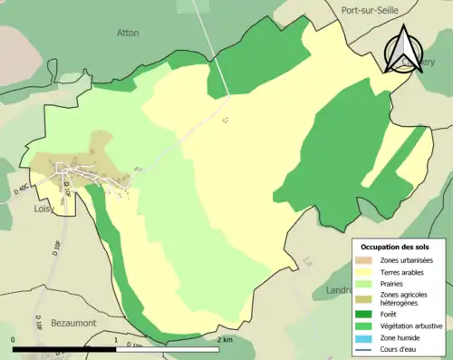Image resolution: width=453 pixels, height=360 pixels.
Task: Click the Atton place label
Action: (x=128, y=32)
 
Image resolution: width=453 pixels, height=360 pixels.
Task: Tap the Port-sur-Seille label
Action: (x=371, y=11)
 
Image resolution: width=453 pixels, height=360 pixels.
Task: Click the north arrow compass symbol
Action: (x=400, y=50)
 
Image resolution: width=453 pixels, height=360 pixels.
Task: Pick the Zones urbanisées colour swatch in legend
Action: (x=363, y=259)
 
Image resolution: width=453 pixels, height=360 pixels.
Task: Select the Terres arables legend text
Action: (x=401, y=270)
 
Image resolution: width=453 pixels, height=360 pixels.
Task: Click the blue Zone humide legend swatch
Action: (x=363, y=337)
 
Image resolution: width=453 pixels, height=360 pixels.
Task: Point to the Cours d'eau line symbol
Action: (x=363, y=348)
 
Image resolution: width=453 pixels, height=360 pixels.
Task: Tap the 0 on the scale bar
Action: (x=13, y=340)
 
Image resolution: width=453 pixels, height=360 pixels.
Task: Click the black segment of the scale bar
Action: (x=64, y=349)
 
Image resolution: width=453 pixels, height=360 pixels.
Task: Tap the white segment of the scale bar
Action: (x=168, y=349)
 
